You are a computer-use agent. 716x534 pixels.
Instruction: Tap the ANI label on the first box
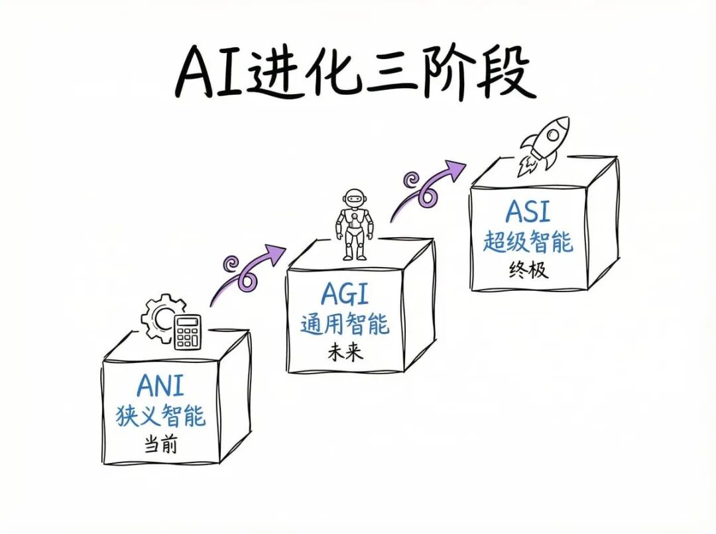coord(160,386)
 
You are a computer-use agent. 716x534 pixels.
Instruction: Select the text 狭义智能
coord(160,415)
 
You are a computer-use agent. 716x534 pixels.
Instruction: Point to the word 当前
coord(160,445)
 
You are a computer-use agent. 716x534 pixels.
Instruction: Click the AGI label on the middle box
coord(345,294)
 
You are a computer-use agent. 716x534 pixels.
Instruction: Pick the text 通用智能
coord(345,325)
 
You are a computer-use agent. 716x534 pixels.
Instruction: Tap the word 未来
coord(345,352)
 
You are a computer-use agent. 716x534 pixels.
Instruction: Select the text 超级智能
coord(528,242)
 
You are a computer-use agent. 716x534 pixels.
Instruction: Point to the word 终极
coord(528,270)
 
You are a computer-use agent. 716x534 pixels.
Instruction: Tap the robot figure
coord(353,225)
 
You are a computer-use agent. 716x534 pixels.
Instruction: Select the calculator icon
coord(188,331)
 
